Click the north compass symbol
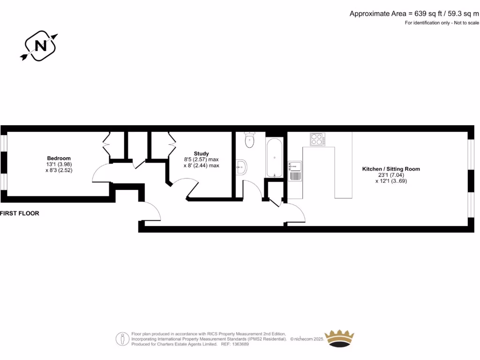click(40, 45)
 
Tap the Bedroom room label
click(59, 158)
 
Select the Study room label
click(201, 154)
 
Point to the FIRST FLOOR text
click(20, 213)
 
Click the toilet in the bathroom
click(249, 139)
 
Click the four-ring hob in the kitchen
click(317, 139)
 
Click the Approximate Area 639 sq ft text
click(414, 14)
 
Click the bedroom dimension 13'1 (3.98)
click(59, 165)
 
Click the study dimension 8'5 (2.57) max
click(201, 159)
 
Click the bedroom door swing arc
click(99, 173)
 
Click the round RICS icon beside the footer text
click(123, 338)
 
